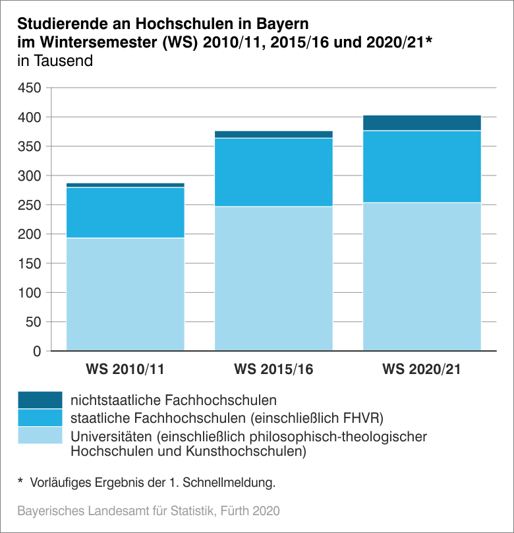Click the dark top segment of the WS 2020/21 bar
(x=422, y=123)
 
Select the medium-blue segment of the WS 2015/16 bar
(x=273, y=172)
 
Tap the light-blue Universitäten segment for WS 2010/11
(x=125, y=294)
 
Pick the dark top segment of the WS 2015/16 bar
(x=273, y=134)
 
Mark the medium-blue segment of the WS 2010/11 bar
(x=125, y=212)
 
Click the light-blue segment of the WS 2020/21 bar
(x=422, y=276)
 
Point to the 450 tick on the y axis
(x=30, y=88)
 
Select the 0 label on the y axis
(x=37, y=351)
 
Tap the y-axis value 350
(x=30, y=146)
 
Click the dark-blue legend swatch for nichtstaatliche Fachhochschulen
(x=40, y=400)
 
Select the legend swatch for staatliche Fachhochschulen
(x=40, y=418)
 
